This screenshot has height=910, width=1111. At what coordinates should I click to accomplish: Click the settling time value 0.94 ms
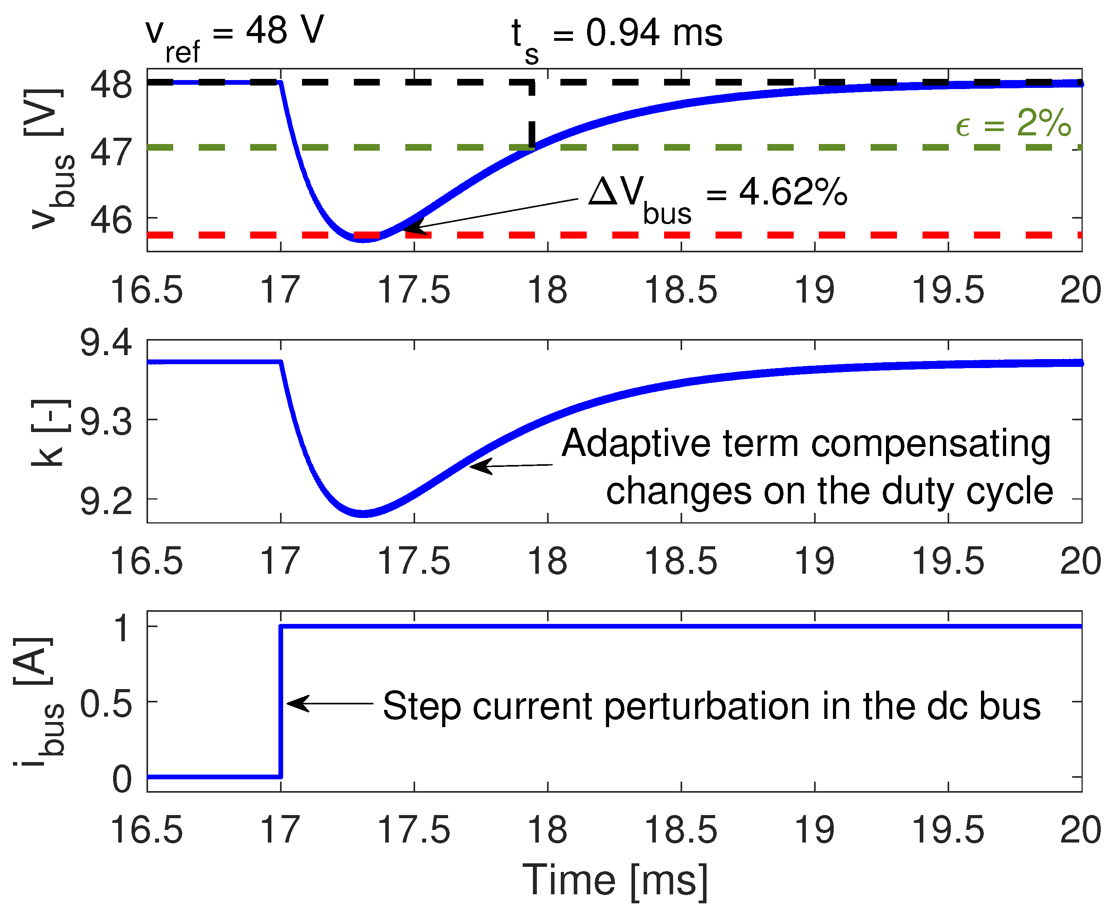point(653,33)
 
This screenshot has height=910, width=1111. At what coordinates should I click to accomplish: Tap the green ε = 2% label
point(1012,124)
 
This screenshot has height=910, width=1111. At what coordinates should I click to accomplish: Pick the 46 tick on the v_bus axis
point(111,220)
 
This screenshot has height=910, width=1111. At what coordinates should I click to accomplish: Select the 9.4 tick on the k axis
point(106,343)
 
